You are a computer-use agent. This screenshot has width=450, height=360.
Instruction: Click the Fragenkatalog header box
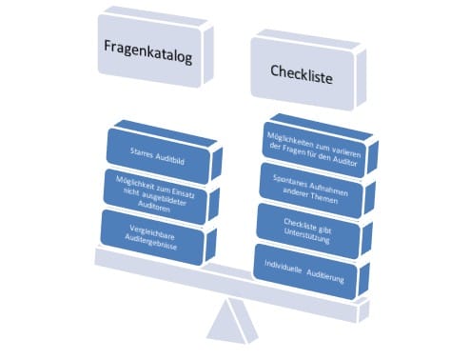[148, 58]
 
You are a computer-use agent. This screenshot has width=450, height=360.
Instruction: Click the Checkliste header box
[301, 74]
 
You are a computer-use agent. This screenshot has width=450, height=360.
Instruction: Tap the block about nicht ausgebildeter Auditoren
[157, 190]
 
